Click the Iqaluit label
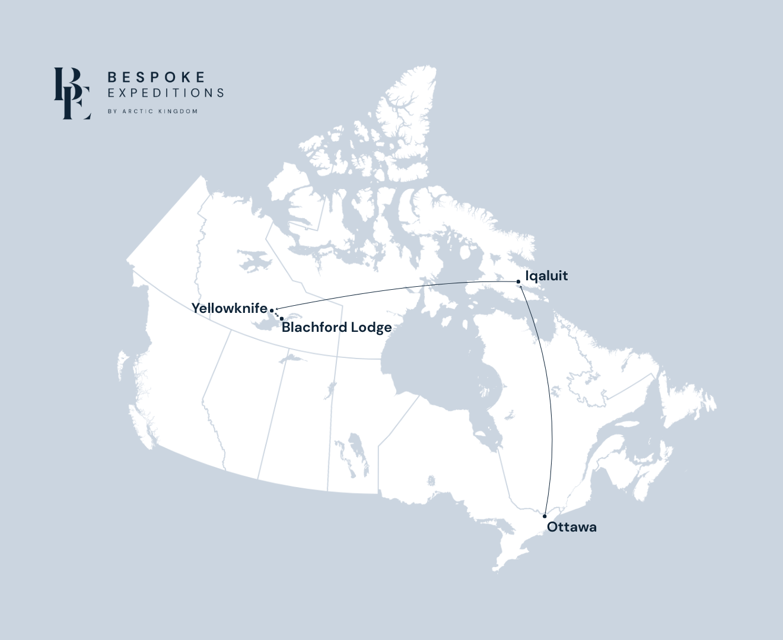tap(546, 276)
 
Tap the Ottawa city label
tap(572, 527)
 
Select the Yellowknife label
tap(229, 308)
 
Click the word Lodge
tap(371, 328)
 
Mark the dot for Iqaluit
tap(518, 281)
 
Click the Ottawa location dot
tap(545, 516)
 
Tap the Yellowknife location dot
tap(272, 310)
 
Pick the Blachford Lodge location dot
tap(282, 318)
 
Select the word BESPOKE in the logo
tap(157, 77)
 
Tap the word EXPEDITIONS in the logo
tap(165, 93)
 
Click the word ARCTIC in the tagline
tap(138, 111)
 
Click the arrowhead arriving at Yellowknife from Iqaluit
tap(277, 309)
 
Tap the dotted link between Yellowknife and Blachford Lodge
tap(277, 314)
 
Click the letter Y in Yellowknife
tap(196, 308)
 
